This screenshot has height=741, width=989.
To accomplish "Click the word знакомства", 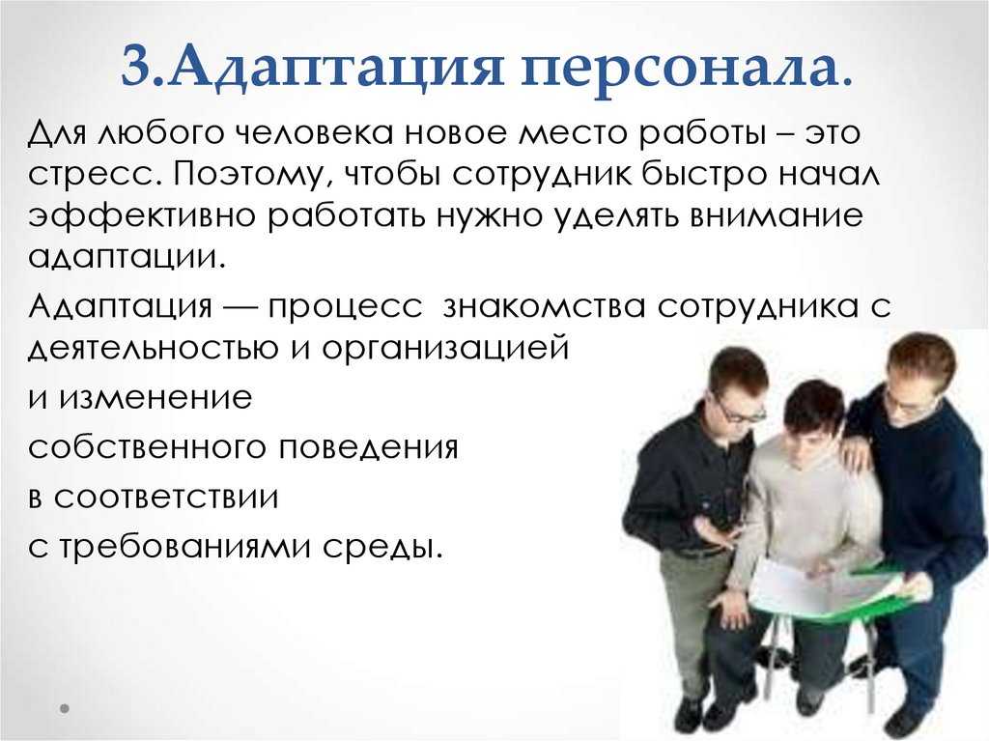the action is (545, 307).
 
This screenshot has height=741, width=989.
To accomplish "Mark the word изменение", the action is (155, 398).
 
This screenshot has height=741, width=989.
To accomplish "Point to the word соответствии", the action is (165, 498).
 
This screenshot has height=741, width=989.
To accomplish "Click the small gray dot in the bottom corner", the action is (64, 708).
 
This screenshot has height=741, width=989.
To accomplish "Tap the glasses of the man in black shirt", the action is (741, 412).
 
